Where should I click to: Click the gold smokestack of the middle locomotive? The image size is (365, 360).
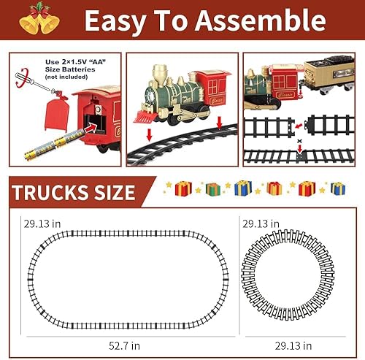(x=161, y=73)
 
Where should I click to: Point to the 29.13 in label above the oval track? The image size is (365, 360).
(x=41, y=223)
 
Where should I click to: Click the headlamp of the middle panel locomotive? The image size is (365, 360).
(x=151, y=92)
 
